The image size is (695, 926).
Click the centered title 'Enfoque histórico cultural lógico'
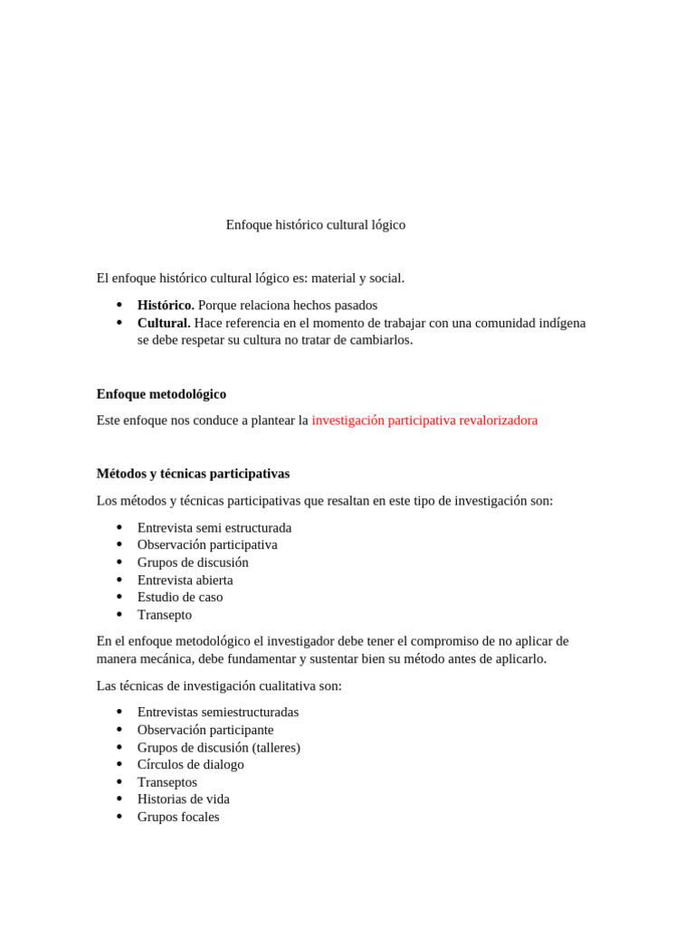[x=315, y=225]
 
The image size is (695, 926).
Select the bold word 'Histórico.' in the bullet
[x=166, y=306]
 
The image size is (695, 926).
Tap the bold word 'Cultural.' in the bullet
[x=164, y=323]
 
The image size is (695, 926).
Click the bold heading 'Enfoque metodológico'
[x=161, y=394]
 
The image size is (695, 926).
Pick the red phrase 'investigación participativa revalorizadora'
[x=424, y=420]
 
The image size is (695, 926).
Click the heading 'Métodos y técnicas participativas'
[x=193, y=474]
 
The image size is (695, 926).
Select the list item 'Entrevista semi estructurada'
[x=214, y=528]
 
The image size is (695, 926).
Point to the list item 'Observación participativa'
[x=207, y=545]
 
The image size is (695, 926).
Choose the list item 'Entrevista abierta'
[x=185, y=581]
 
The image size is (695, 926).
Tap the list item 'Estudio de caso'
[x=180, y=598]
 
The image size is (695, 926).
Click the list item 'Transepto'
[x=165, y=615]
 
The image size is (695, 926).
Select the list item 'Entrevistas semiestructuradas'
[x=218, y=713]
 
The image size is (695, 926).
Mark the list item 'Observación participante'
[x=205, y=730]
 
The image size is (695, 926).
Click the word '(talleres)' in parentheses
[x=276, y=748]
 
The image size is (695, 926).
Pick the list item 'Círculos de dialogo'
[x=191, y=765]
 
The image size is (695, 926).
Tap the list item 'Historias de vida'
[x=184, y=799]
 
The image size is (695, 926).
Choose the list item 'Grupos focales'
[x=178, y=817]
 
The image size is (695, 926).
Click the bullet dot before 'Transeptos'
[x=119, y=781]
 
